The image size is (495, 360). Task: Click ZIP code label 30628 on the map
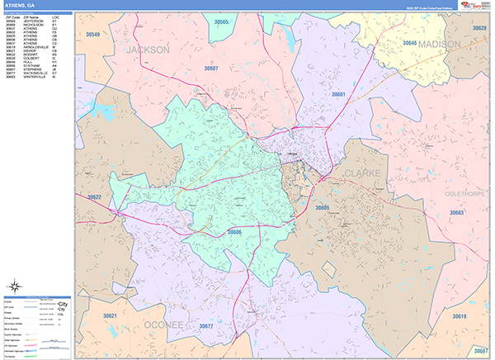click(478, 28)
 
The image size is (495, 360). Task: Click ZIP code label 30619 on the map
click(459, 316)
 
